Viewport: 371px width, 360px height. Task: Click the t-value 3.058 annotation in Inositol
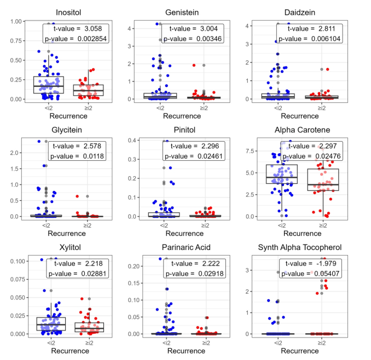coord(76,28)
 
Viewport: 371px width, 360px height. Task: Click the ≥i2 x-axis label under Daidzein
coord(322,108)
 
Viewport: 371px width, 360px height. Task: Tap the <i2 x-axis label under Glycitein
coord(47,225)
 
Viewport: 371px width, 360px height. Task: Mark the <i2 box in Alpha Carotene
coord(281,175)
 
